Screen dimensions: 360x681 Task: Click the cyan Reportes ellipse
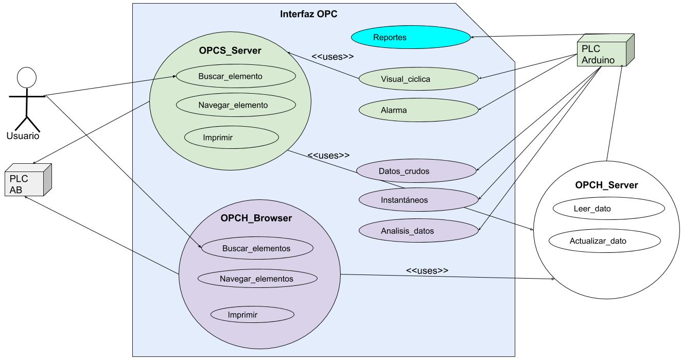[x=411, y=38]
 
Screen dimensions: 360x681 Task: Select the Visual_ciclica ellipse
[x=418, y=79]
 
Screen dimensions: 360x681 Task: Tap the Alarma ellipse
[x=418, y=110]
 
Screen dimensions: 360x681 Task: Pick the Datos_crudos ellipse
[x=416, y=171]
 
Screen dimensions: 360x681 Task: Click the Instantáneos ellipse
[x=418, y=200]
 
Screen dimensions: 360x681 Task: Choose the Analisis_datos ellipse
[x=418, y=231]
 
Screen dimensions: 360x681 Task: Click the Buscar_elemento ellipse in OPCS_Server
[x=236, y=77]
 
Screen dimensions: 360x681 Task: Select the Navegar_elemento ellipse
[x=236, y=105]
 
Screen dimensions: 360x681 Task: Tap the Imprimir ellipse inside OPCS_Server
[x=231, y=138]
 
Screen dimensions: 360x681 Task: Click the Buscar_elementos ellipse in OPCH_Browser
[x=257, y=248]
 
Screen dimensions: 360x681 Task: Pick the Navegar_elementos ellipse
[x=257, y=279]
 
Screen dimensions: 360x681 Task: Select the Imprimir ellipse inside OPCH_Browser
[x=252, y=315]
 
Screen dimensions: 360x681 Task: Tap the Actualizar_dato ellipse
[x=605, y=241]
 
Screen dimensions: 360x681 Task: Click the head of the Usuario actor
[x=26, y=78]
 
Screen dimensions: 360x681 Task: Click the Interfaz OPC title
[x=308, y=14]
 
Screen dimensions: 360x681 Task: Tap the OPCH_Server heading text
[x=606, y=185]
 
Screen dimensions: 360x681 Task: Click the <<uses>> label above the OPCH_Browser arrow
[x=427, y=270]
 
